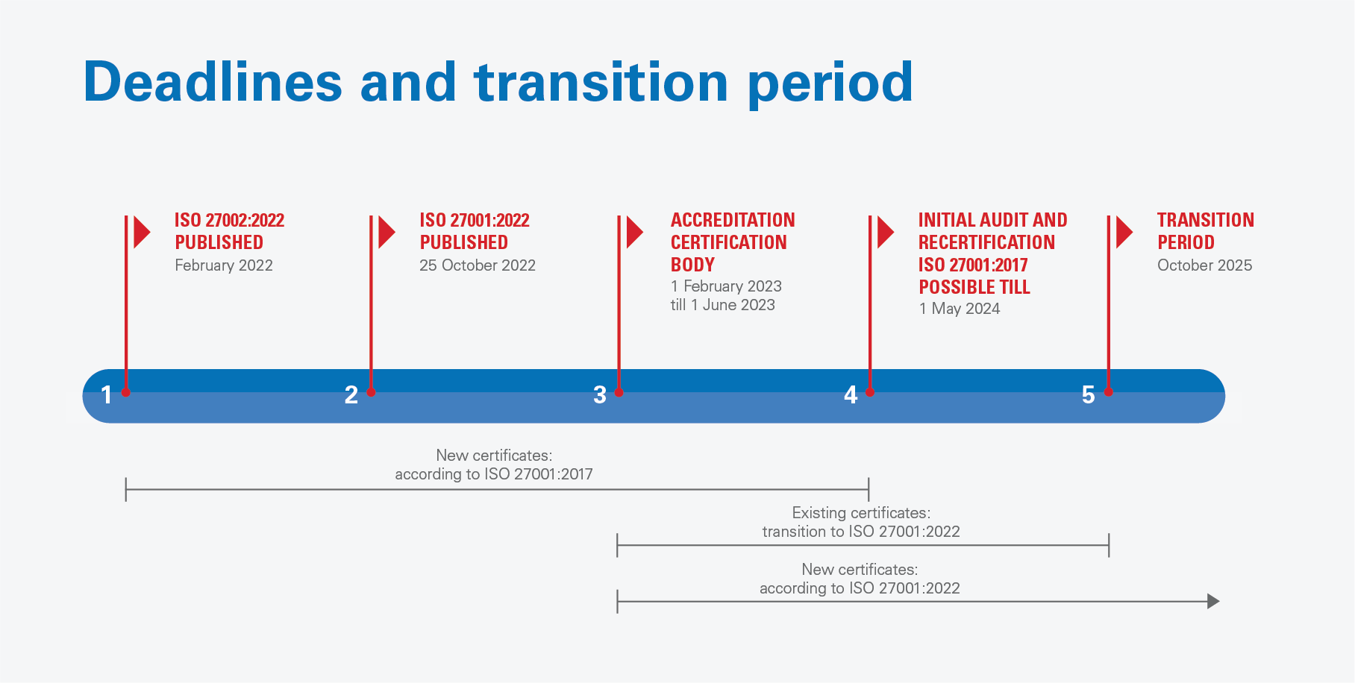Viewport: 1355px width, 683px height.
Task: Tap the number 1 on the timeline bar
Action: pyautogui.click(x=107, y=394)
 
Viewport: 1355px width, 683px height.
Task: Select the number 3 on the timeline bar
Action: pyautogui.click(x=600, y=394)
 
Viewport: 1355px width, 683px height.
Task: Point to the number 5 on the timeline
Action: pyautogui.click(x=1089, y=394)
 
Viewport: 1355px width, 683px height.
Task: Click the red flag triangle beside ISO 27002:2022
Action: pyautogui.click(x=141, y=232)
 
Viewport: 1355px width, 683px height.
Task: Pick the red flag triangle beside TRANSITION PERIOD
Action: pyautogui.click(x=1124, y=232)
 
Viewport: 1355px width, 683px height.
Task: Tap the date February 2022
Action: pyautogui.click(x=224, y=265)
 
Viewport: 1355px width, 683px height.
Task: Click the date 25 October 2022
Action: pyautogui.click(x=478, y=265)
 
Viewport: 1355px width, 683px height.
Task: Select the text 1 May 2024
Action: pyautogui.click(x=960, y=309)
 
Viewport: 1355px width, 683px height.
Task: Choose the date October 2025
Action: pyautogui.click(x=1205, y=265)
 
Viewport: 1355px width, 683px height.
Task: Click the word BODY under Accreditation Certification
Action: pyautogui.click(x=692, y=265)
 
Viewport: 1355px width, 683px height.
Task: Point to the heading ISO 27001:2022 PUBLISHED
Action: pyautogui.click(x=475, y=231)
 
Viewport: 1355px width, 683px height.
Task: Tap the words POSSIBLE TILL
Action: pyautogui.click(x=974, y=287)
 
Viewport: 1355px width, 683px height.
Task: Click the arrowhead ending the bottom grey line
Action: pyautogui.click(x=1213, y=601)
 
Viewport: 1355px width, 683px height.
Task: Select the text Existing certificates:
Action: pyautogui.click(x=861, y=513)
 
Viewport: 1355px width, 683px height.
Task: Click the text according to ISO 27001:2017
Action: pyautogui.click(x=494, y=474)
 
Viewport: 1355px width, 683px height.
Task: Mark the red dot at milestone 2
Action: pyautogui.click(x=371, y=392)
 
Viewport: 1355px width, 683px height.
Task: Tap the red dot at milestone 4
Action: pyautogui.click(x=869, y=392)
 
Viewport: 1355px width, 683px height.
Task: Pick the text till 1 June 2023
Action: pyautogui.click(x=723, y=305)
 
